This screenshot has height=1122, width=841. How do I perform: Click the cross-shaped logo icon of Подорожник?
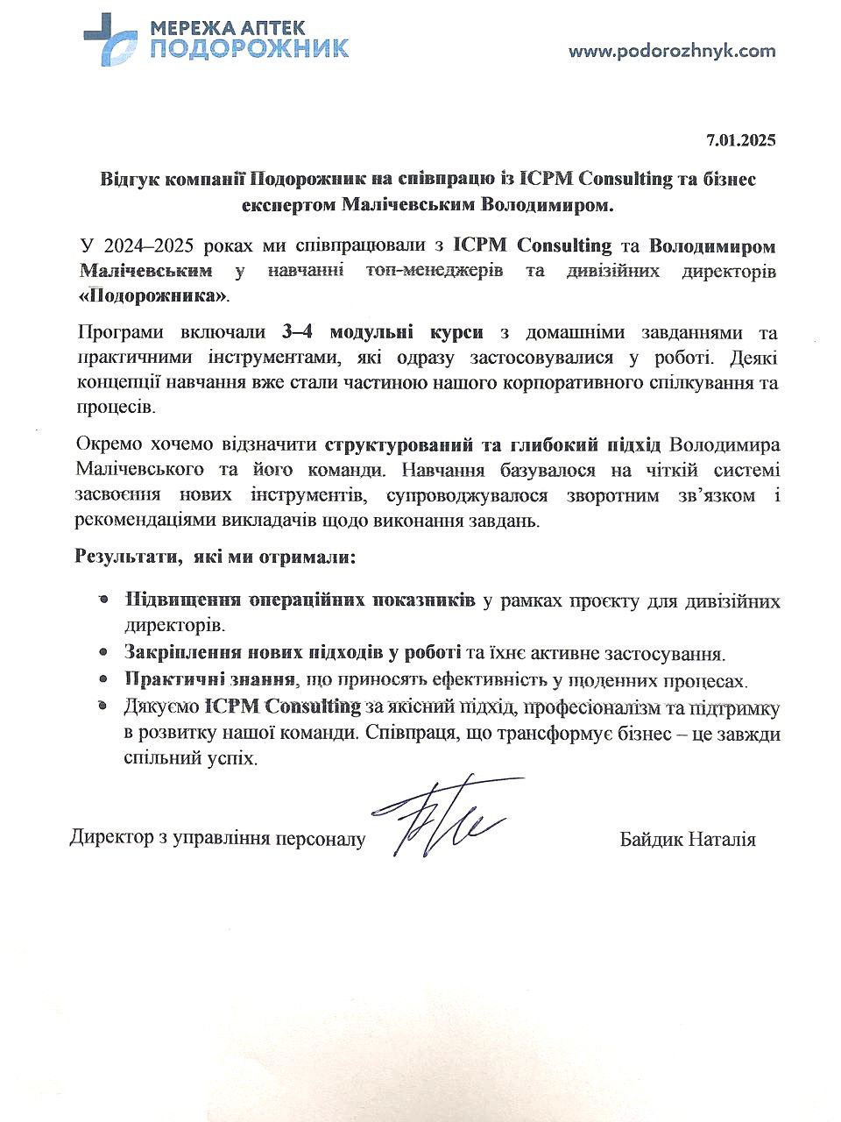click(110, 38)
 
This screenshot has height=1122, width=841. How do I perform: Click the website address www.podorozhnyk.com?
click(672, 51)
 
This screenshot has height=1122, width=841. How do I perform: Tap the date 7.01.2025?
click(741, 140)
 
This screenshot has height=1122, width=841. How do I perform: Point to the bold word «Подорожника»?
click(153, 295)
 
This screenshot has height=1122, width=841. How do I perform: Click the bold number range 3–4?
click(298, 333)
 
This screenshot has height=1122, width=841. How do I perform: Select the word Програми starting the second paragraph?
click(116, 333)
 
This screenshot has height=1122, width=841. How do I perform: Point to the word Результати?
click(122, 557)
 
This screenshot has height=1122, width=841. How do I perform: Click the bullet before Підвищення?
click(103, 600)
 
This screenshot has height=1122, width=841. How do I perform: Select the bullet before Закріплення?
click(103, 653)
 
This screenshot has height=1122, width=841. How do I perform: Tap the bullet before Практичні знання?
click(103, 679)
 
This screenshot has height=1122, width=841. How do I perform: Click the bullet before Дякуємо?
click(103, 706)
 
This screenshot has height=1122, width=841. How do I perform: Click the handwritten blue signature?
click(447, 815)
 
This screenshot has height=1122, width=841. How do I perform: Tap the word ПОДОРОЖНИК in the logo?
click(249, 49)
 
